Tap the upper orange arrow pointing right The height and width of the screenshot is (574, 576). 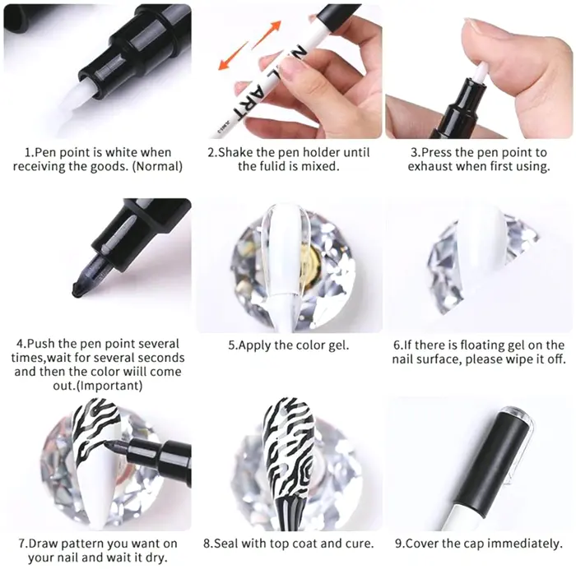click(267, 34)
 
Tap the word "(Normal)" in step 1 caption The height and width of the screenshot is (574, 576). click(157, 167)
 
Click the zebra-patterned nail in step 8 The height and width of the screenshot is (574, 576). click(290, 462)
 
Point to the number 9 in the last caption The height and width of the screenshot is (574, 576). click(398, 544)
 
